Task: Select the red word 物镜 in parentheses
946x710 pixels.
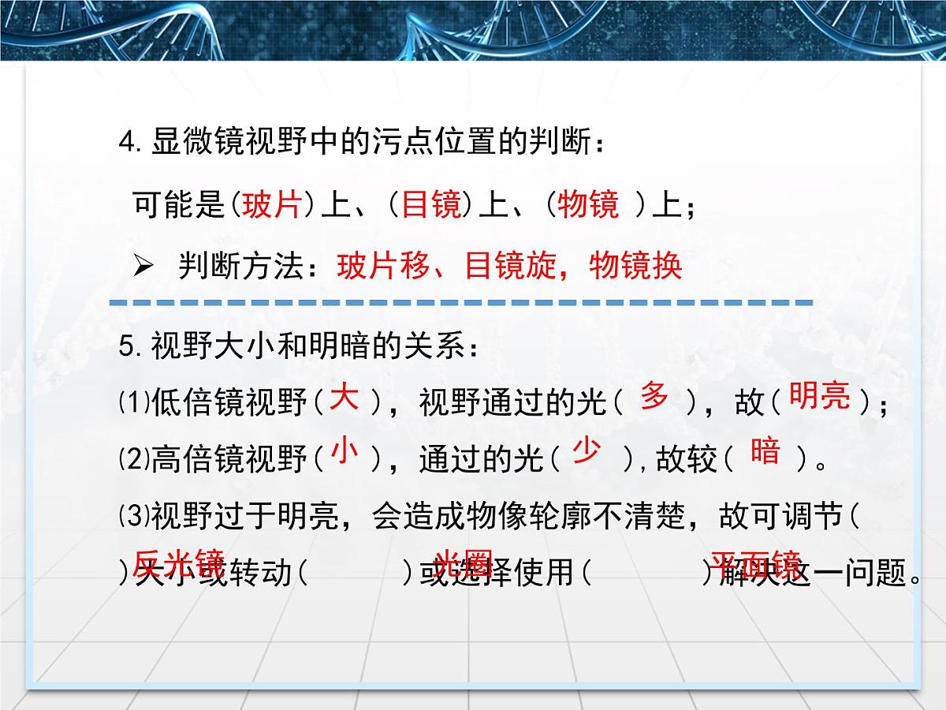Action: click(x=588, y=207)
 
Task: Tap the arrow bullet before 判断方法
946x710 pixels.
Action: click(x=142, y=268)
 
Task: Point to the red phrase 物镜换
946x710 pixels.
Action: click(x=635, y=268)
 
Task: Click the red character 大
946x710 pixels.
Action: click(x=345, y=397)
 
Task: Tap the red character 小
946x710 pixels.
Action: click(x=345, y=451)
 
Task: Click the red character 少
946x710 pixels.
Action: click(x=586, y=451)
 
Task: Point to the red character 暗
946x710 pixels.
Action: click(x=765, y=451)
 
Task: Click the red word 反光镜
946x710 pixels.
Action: click(x=179, y=562)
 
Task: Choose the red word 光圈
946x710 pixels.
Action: click(x=464, y=562)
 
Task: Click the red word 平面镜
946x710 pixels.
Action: click(x=755, y=562)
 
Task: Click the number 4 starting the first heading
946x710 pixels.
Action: click(x=126, y=143)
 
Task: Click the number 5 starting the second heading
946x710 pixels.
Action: click(x=126, y=348)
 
